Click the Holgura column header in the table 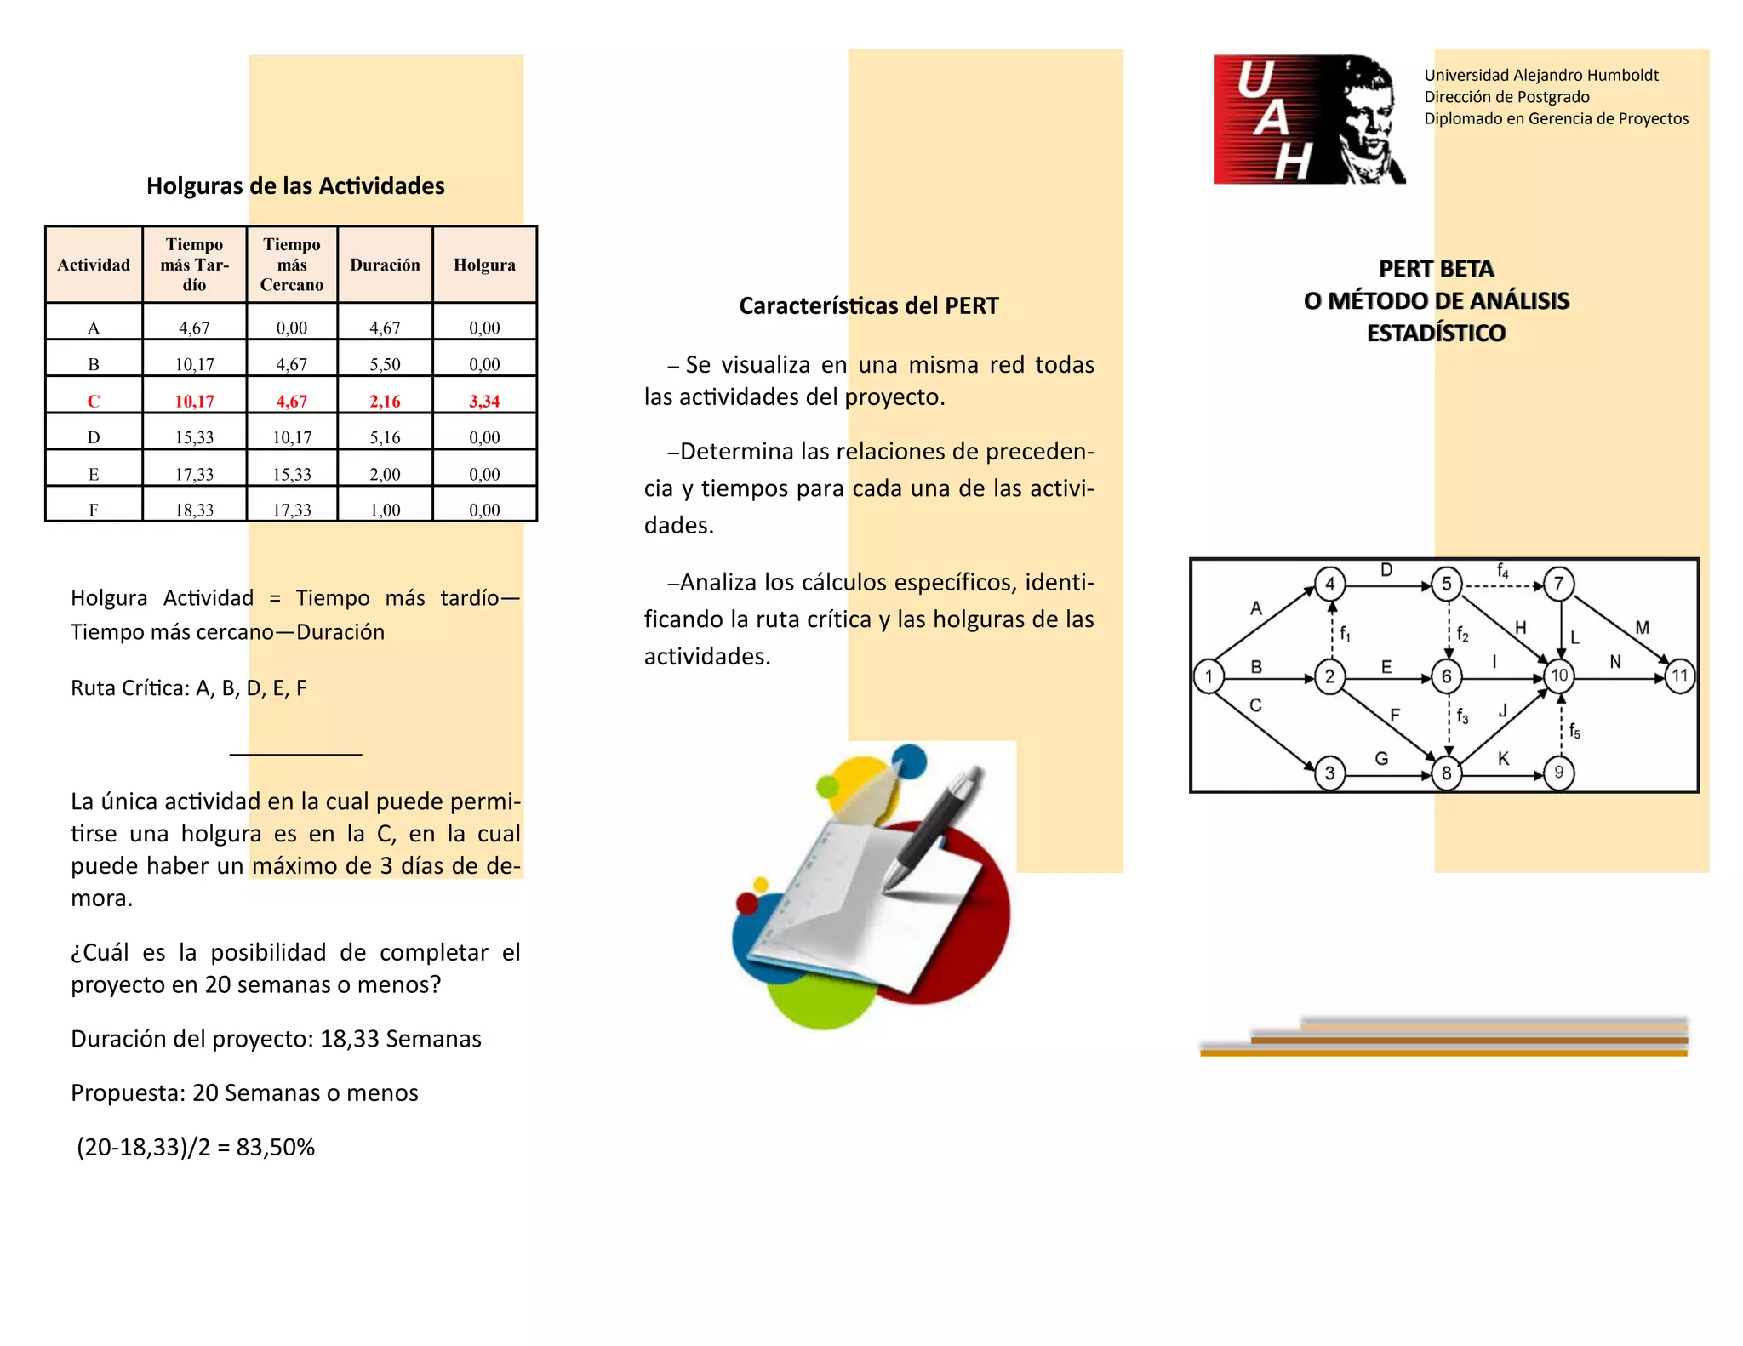484,265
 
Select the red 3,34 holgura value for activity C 484,401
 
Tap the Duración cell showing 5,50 385,364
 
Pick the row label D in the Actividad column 94,437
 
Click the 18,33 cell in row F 194,510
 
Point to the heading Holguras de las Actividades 295,185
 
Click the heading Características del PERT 868,305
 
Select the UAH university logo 1309,119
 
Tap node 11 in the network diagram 1679,677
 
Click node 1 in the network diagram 1209,677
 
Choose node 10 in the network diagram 1559,676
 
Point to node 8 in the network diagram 1446,773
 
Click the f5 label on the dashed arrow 1574,731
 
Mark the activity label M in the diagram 1642,628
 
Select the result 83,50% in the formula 275,1147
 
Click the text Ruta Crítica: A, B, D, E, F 188,687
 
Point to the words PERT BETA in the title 1436,269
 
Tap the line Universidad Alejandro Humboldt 1541,75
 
